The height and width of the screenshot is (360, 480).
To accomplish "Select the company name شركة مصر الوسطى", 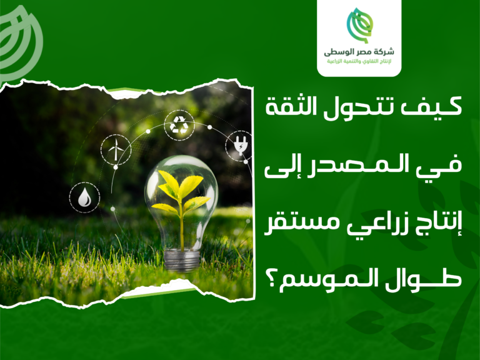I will click(359, 52).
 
